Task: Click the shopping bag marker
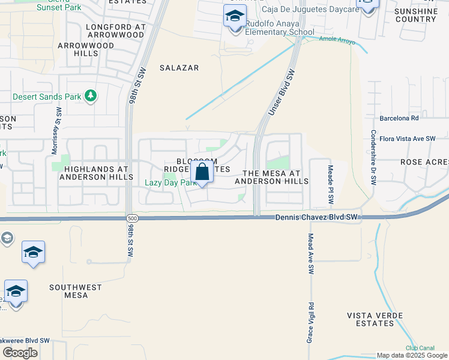pos(203,173)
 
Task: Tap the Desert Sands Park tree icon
pos(90,95)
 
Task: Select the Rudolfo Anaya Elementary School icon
pos(235,17)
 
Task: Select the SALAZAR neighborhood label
pos(179,68)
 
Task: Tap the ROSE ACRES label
pos(424,163)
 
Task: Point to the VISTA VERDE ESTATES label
pos(372,319)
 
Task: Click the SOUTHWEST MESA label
pos(76,291)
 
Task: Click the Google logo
pos(20,353)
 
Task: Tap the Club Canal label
pos(419,347)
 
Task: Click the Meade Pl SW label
pos(330,184)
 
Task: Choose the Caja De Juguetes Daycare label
pos(310,9)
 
